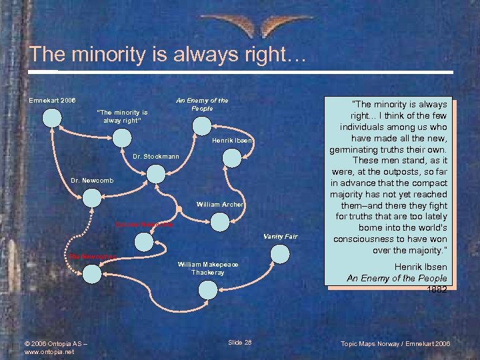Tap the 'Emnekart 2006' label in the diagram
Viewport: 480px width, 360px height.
click(52, 101)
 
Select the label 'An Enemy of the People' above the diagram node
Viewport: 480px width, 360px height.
click(202, 104)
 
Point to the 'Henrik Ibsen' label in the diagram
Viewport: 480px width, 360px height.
click(231, 141)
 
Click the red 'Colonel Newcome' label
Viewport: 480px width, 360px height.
click(143, 225)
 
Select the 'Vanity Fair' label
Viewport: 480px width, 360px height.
click(280, 237)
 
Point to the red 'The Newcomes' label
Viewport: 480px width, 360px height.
click(93, 257)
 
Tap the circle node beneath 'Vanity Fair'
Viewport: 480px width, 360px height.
click(281, 253)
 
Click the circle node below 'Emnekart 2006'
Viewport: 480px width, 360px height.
click(52, 117)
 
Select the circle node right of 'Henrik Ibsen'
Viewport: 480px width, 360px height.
click(231, 157)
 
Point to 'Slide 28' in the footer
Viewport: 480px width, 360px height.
click(239, 342)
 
